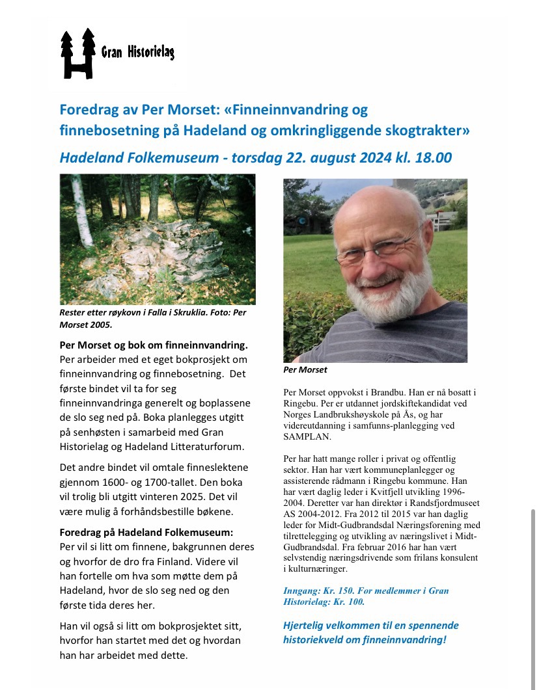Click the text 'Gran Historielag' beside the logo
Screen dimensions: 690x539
click(x=137, y=53)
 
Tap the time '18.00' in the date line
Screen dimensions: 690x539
click(x=430, y=157)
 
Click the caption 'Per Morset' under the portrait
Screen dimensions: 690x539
click(x=305, y=370)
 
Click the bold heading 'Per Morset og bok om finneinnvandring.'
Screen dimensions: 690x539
click(x=154, y=345)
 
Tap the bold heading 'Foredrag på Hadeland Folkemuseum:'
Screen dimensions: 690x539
click(x=141, y=531)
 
